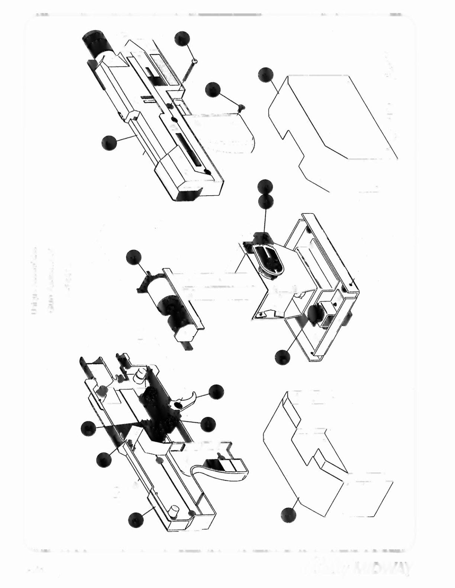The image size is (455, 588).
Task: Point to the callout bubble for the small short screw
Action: coord(213,90)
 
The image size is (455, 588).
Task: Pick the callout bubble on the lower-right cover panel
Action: coord(289,515)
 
